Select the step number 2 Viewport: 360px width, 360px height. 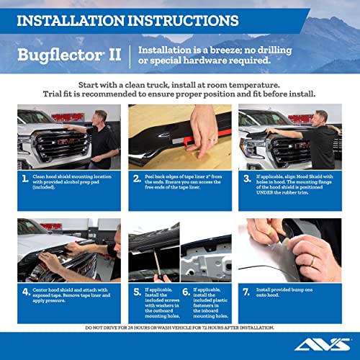[x=137, y=179]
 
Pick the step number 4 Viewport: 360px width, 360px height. [x=26, y=294]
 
